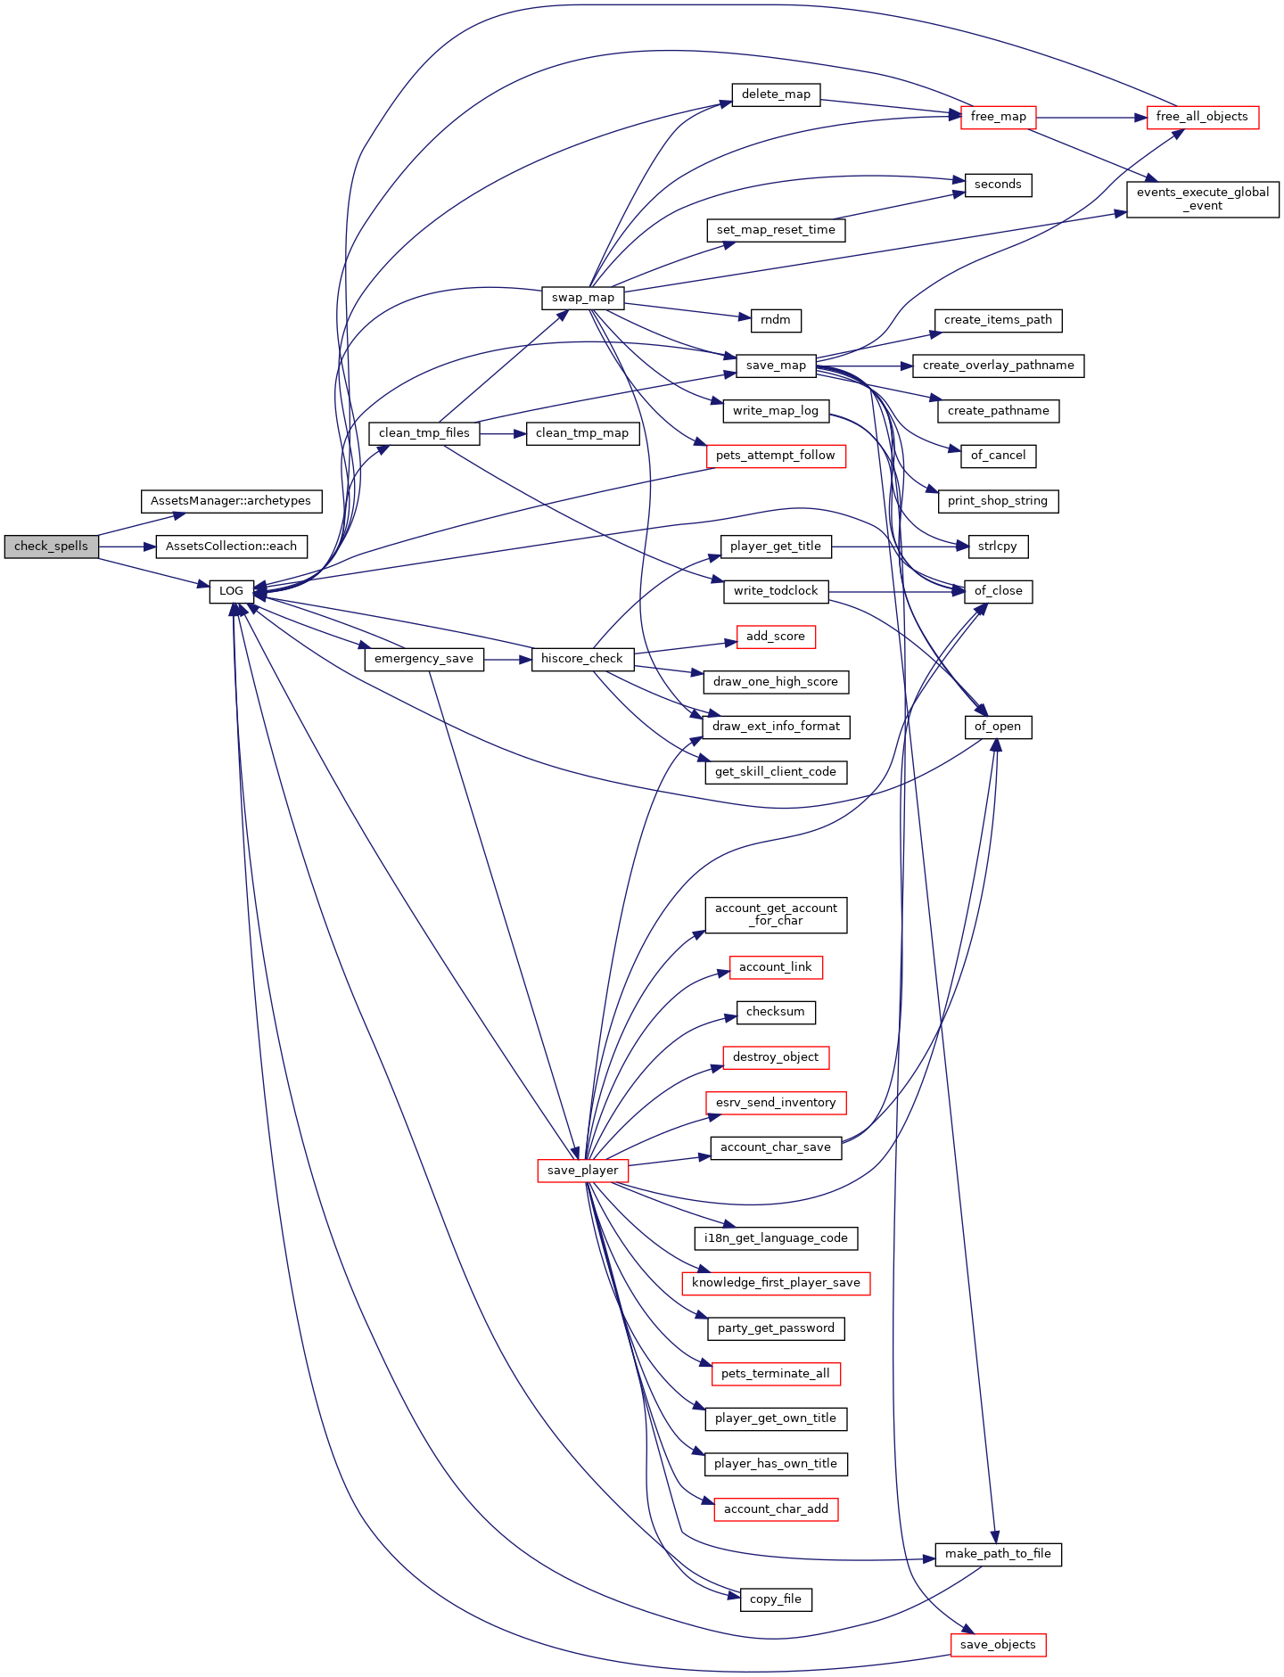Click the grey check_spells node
[x=51, y=547]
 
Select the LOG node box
[x=232, y=591]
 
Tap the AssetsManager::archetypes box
[x=231, y=501]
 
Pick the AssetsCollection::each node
[x=232, y=547]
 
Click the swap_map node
[x=583, y=298]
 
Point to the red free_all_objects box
[x=1202, y=117]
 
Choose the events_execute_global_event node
[x=1203, y=199]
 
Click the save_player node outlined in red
[x=583, y=1171]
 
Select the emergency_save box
[x=424, y=659]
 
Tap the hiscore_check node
[x=582, y=659]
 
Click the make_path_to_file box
[x=999, y=1554]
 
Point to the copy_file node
[x=776, y=1599]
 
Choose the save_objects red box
[x=999, y=1645]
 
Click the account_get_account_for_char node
[x=776, y=916]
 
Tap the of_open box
[x=999, y=727]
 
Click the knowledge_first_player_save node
[x=776, y=1283]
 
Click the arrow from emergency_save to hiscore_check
[x=507, y=659]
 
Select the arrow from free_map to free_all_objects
[x=1091, y=117]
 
